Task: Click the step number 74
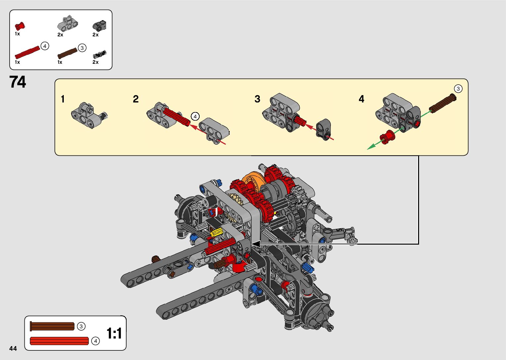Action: click(18, 82)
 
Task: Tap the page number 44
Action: click(13, 348)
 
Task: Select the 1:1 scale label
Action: click(114, 333)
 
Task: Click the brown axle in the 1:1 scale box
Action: click(52, 326)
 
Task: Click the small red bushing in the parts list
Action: click(20, 26)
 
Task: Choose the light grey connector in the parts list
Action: click(68, 22)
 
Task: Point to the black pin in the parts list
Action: click(100, 54)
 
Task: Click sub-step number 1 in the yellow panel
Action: click(63, 99)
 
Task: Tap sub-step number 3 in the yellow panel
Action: click(257, 99)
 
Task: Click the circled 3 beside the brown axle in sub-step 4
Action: click(458, 89)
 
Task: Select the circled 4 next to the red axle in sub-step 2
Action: click(195, 116)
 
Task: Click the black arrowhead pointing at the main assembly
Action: click(255, 244)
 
